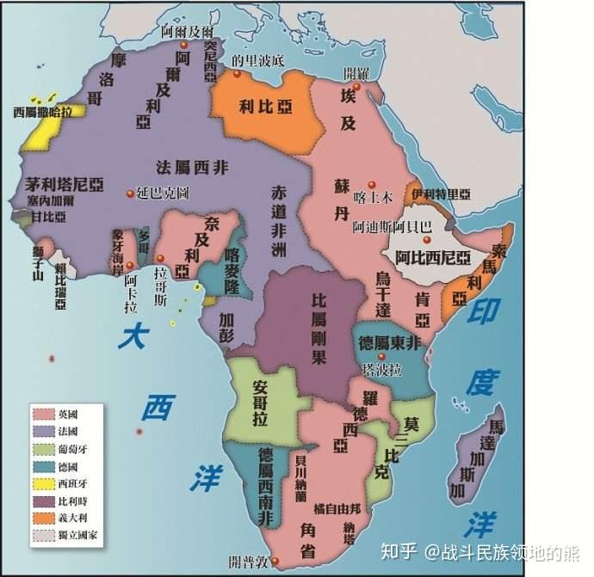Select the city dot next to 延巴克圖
pyautogui.click(x=130, y=192)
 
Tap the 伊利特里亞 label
pyautogui.click(x=441, y=193)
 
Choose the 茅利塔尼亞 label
pyautogui.click(x=63, y=182)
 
